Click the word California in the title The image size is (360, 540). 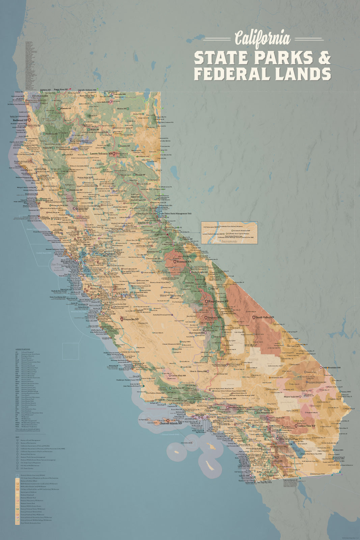click(x=262, y=38)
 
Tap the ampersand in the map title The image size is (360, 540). click(x=325, y=58)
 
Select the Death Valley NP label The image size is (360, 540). click(x=265, y=318)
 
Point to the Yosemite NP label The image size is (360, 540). click(x=184, y=262)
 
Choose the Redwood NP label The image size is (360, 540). click(x=20, y=120)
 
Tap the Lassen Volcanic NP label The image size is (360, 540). click(x=101, y=154)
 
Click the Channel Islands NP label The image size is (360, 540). click(x=171, y=423)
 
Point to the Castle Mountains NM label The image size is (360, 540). click(x=332, y=368)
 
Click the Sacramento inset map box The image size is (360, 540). click(x=229, y=233)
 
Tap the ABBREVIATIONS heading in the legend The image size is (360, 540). click(x=23, y=349)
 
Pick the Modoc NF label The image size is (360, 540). click(x=121, y=109)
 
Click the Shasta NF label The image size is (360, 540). click(x=95, y=129)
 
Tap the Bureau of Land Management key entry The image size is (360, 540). click(x=30, y=440)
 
